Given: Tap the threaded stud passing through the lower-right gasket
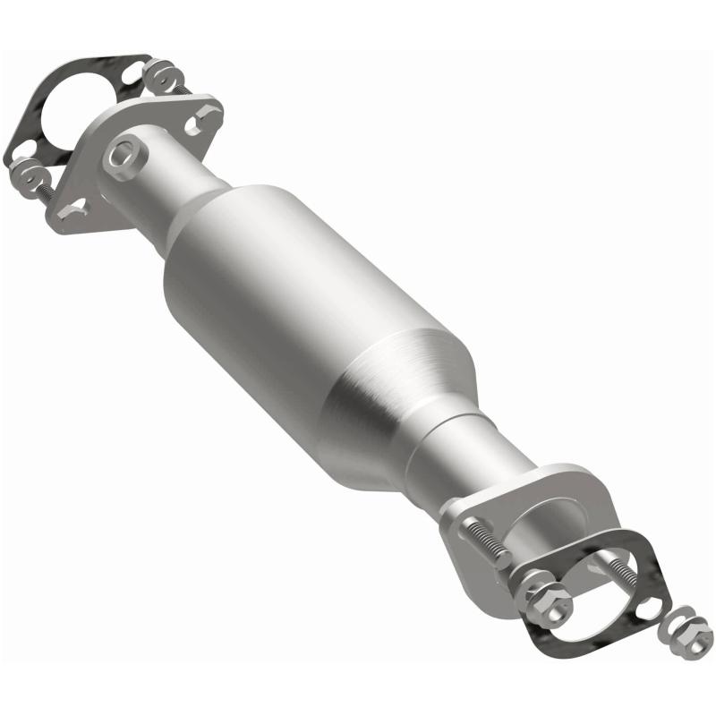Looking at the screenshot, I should [626, 573].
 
